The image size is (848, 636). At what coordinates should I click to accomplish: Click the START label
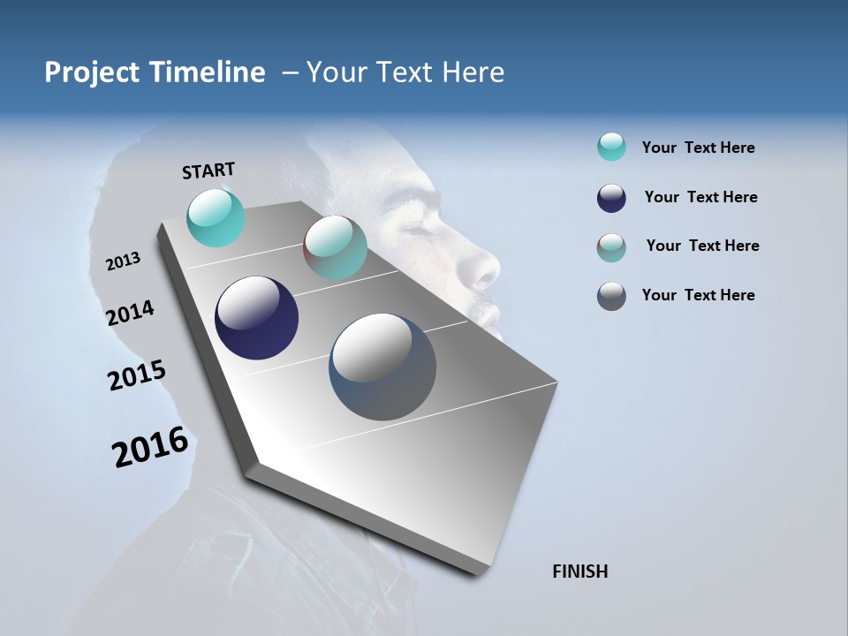(x=208, y=170)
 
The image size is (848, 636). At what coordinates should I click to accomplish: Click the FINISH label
(x=579, y=572)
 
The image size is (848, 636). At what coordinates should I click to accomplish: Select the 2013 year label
(x=123, y=261)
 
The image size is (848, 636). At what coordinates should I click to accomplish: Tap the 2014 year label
(x=130, y=313)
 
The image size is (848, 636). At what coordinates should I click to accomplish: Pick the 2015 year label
(x=137, y=375)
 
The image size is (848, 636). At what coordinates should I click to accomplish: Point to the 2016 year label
(x=150, y=446)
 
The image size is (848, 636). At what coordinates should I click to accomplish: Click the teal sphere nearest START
(x=216, y=217)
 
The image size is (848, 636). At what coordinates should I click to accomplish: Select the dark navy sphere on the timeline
(x=256, y=318)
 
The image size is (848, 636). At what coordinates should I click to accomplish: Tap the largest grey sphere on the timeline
(x=382, y=367)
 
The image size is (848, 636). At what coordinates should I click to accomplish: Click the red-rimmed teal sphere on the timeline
(x=335, y=247)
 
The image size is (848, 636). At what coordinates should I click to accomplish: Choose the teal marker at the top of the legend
(x=611, y=147)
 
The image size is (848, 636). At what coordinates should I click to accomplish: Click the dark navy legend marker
(x=611, y=198)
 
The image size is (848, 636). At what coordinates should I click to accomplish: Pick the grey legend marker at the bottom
(x=611, y=296)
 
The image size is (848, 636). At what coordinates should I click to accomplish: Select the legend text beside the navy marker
(x=700, y=197)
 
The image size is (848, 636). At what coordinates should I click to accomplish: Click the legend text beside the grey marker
(x=698, y=295)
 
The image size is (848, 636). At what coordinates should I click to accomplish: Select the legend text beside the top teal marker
(x=698, y=148)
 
